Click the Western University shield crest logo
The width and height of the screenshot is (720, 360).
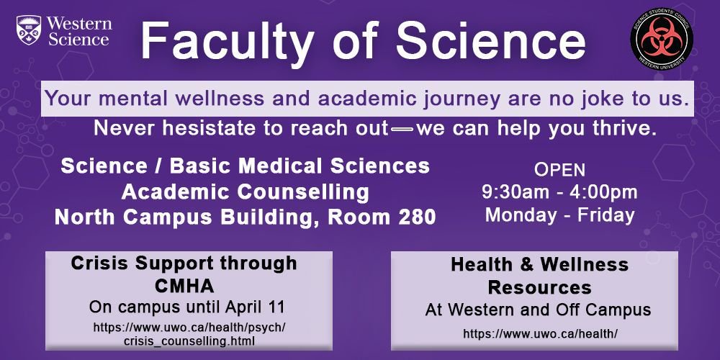tap(29, 31)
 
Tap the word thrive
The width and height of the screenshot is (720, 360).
tap(625, 130)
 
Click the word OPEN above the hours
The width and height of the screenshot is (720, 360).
tap(559, 171)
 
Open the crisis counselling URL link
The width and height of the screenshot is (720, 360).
tap(189, 333)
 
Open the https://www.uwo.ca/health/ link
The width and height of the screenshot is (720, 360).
tap(540, 333)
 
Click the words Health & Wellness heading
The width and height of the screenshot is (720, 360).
tap(539, 265)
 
